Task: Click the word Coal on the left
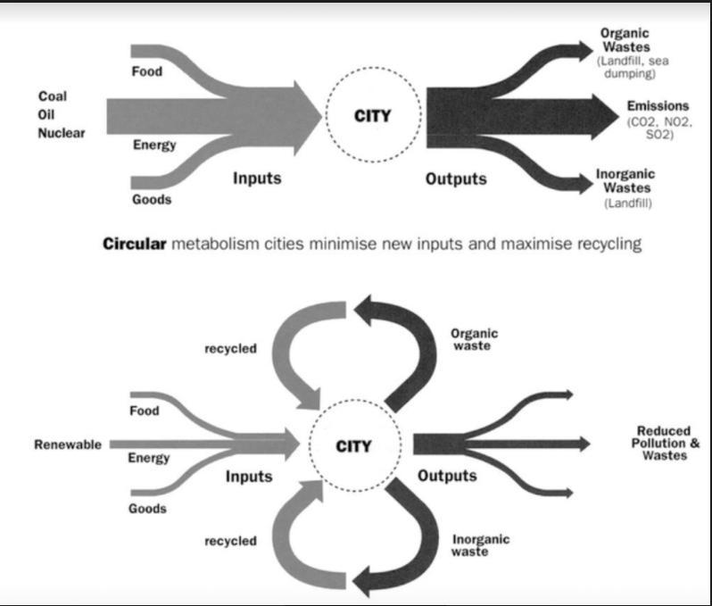click(53, 95)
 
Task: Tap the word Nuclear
click(62, 133)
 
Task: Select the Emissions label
click(658, 106)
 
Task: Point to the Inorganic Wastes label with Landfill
click(626, 181)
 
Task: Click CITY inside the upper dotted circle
click(373, 115)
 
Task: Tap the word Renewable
click(68, 444)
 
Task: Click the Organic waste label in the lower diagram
click(474, 339)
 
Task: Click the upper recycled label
click(230, 348)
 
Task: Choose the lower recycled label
click(230, 541)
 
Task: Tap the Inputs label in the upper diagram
click(257, 178)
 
